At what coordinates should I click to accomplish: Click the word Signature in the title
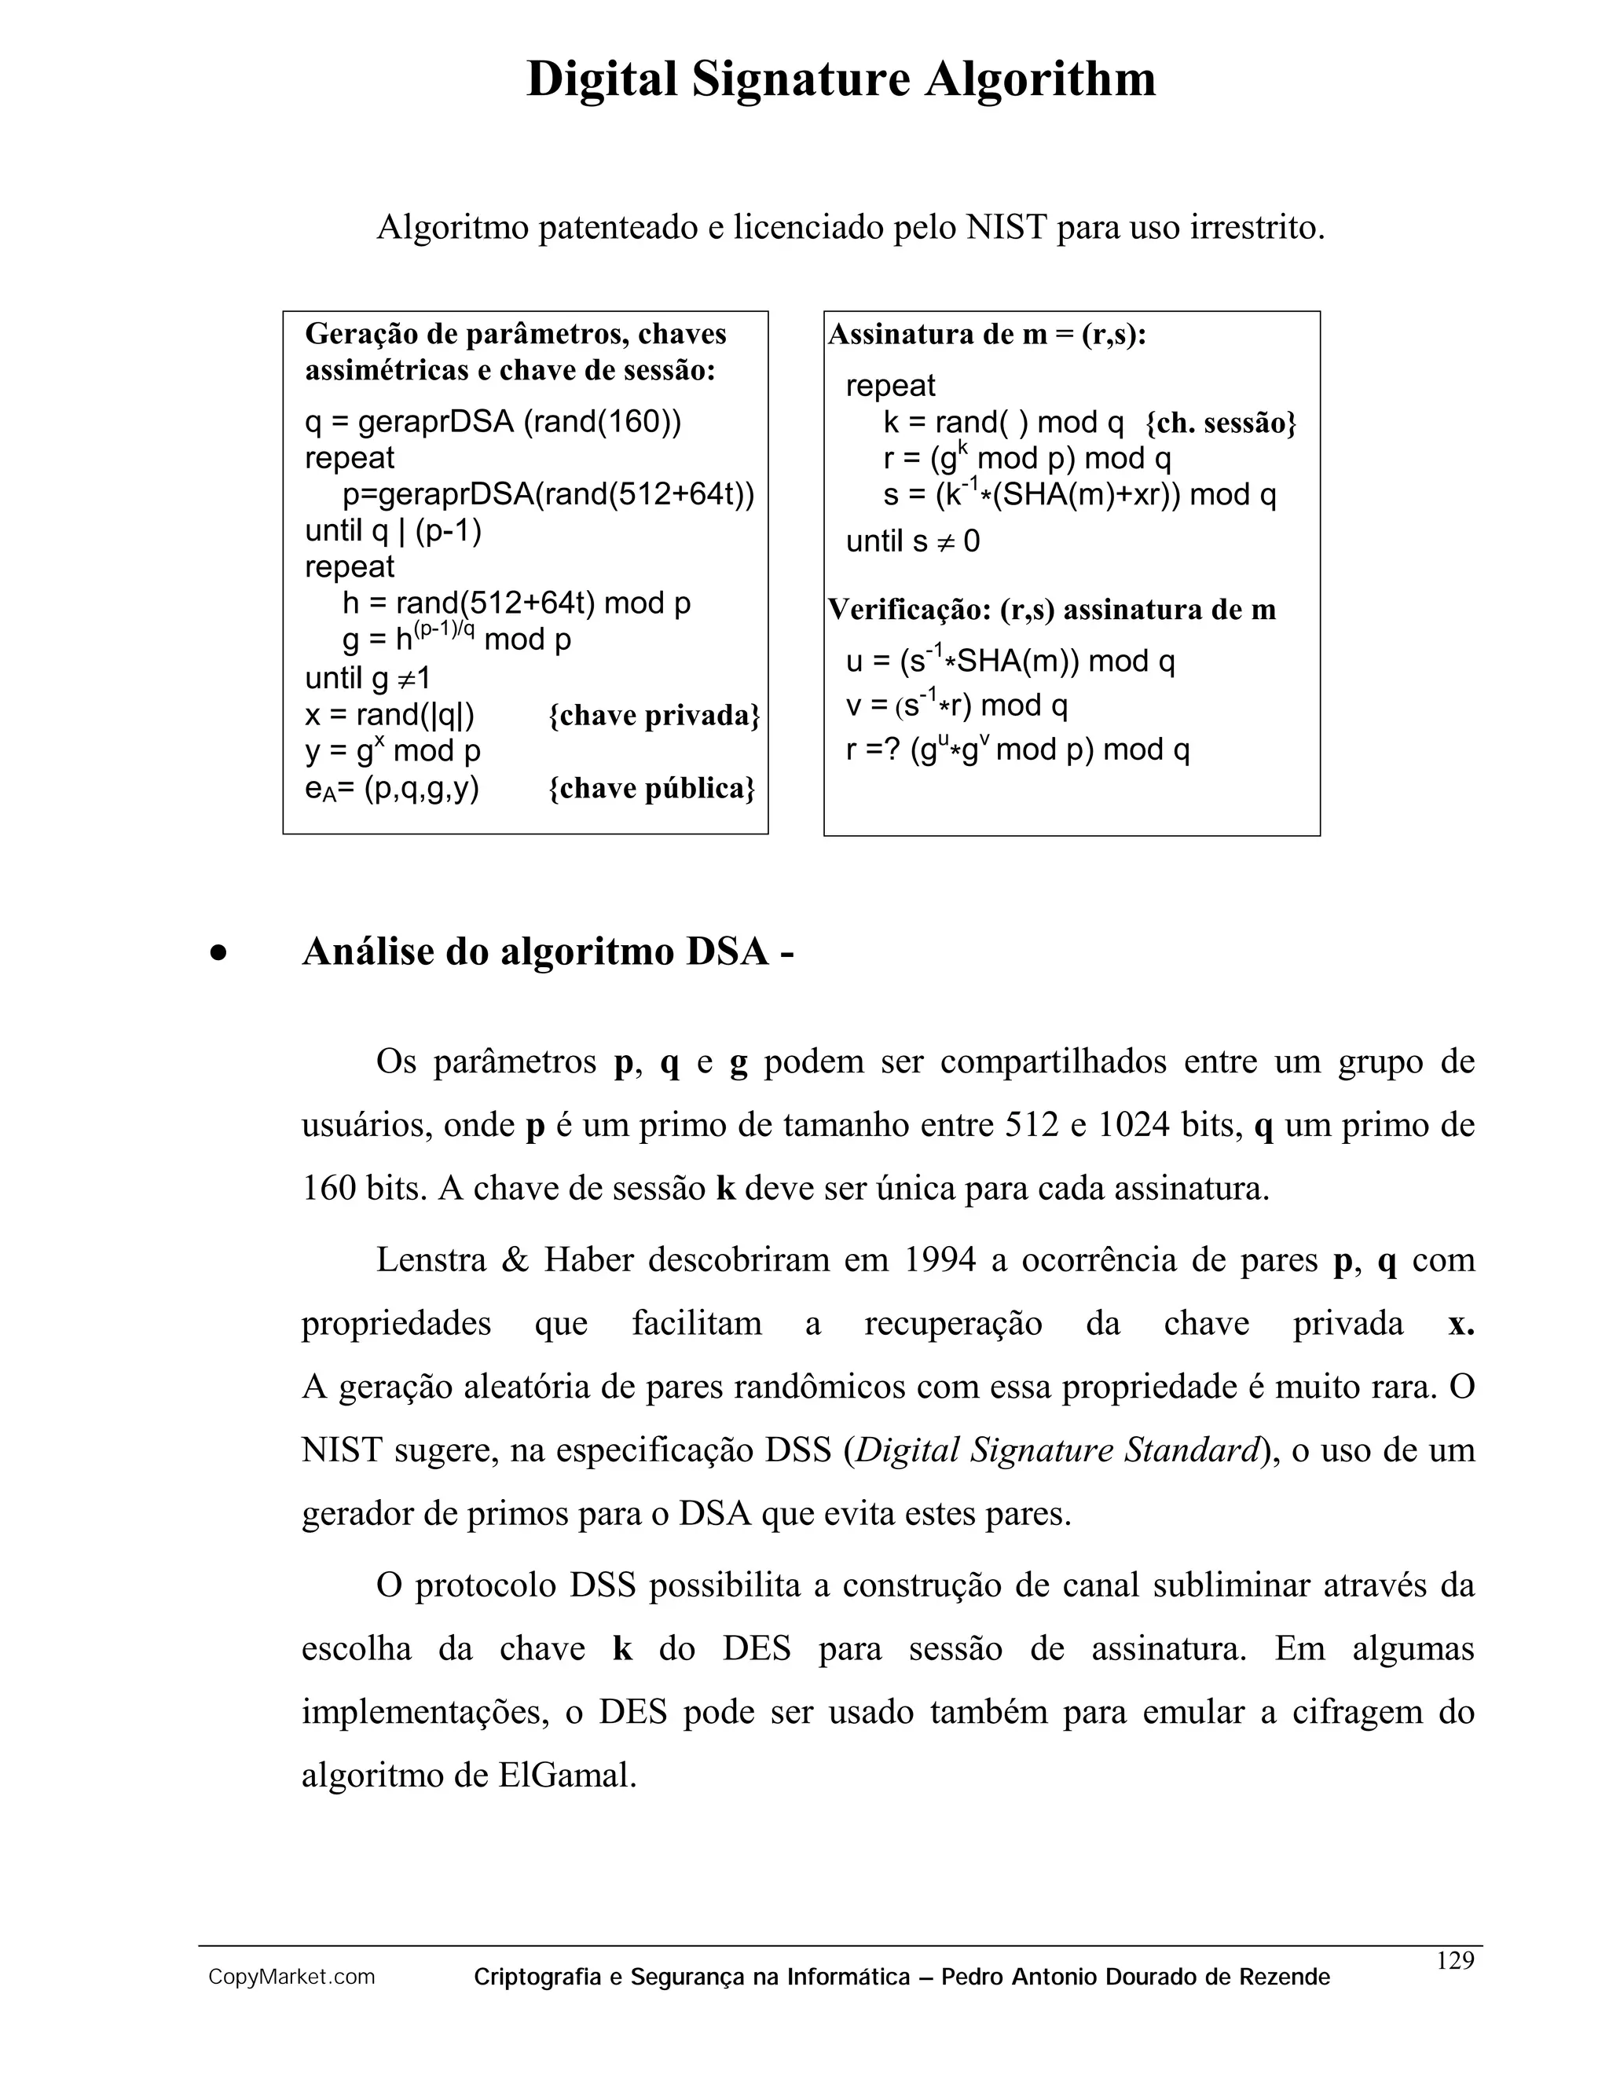[801, 79]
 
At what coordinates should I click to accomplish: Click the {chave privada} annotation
[654, 715]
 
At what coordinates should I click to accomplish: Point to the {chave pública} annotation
[652, 788]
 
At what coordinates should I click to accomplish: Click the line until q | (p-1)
[393, 530]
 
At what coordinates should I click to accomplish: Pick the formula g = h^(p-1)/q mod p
[456, 638]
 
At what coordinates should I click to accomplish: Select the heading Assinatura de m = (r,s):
[987, 335]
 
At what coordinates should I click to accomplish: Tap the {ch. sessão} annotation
[1220, 423]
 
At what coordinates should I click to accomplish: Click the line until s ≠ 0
[912, 541]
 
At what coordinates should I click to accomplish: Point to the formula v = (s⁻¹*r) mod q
[956, 706]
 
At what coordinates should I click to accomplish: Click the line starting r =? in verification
[1017, 750]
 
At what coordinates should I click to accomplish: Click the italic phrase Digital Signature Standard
[1058, 1450]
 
